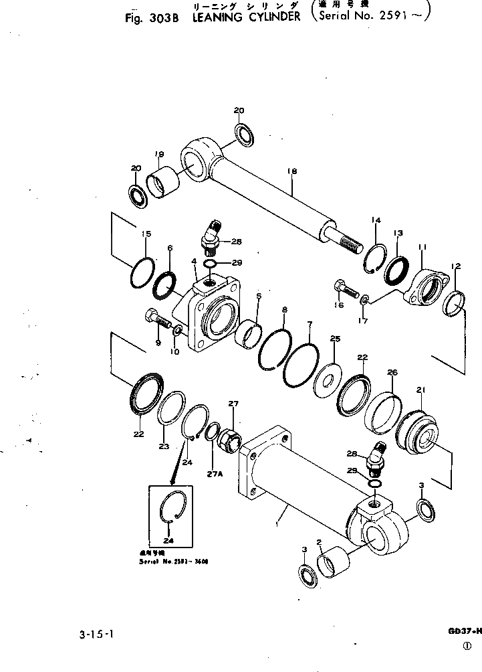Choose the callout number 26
(392, 372)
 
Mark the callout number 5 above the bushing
(258, 295)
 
